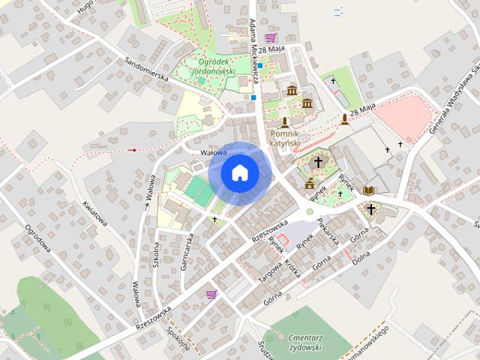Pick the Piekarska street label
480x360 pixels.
click(x=328, y=231)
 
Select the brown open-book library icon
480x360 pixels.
click(x=369, y=190)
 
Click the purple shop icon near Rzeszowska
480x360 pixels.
click(x=211, y=294)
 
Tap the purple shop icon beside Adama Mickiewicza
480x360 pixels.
click(x=270, y=37)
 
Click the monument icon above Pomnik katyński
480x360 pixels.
click(x=285, y=121)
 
